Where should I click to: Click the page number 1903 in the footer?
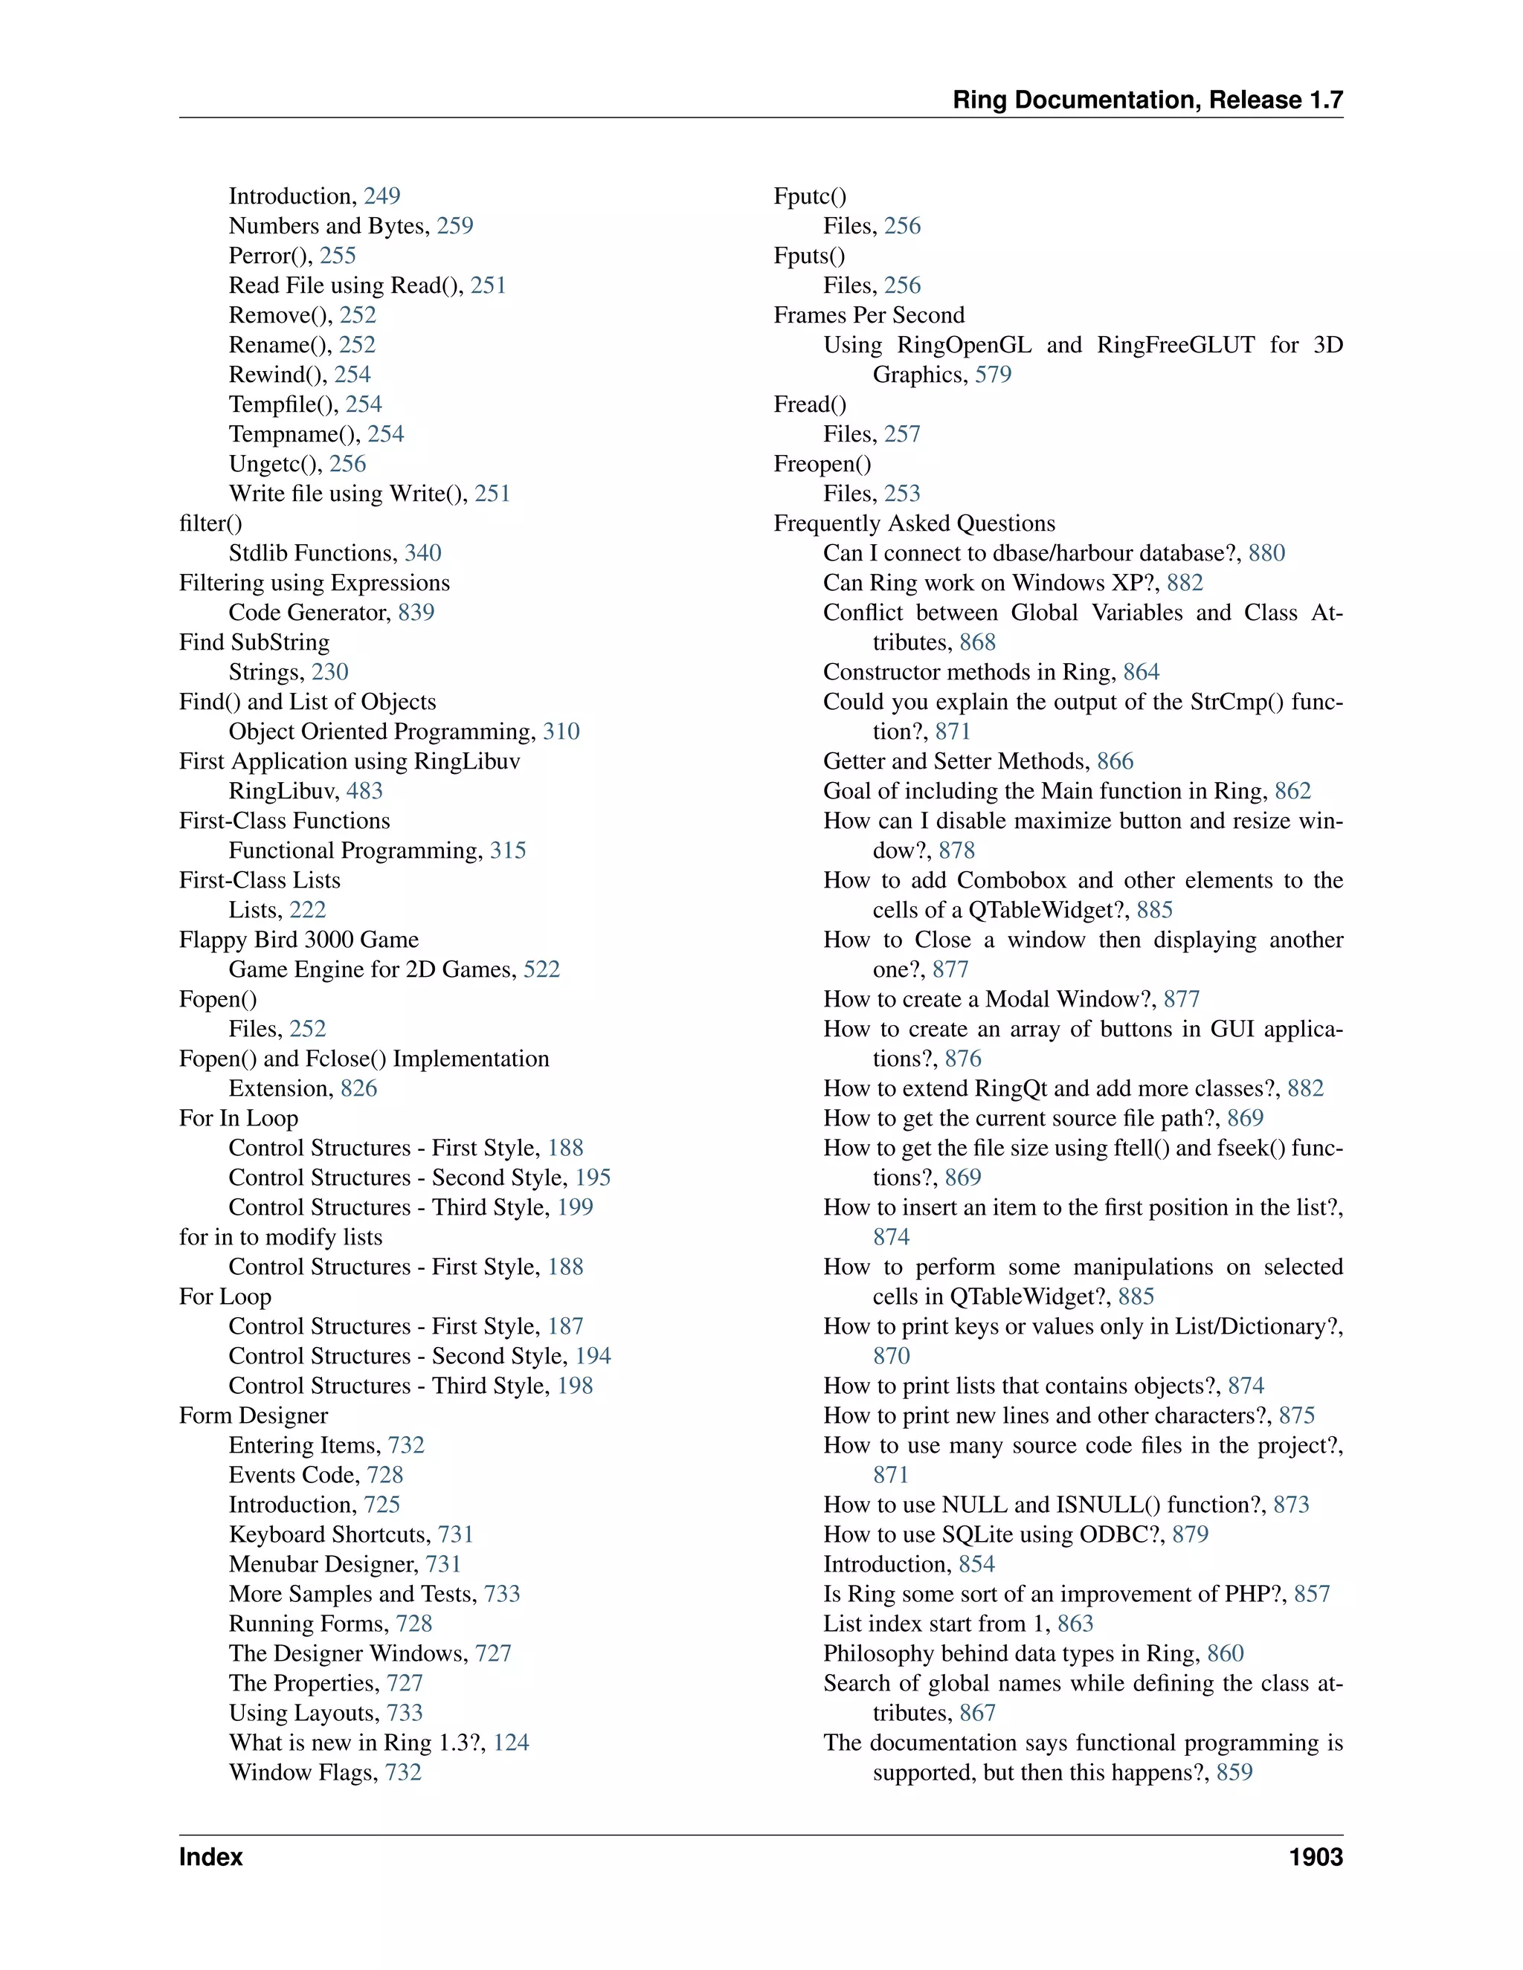[x=1316, y=1856]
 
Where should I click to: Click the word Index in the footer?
[x=211, y=1856]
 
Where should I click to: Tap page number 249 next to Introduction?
[x=381, y=196]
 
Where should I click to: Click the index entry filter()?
[x=210, y=523]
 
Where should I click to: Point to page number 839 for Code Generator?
[x=416, y=613]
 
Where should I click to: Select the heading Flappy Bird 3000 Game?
[x=299, y=939]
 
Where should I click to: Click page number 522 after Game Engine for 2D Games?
[x=541, y=969]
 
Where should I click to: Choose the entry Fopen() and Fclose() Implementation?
[x=364, y=1058]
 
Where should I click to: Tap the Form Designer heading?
[x=253, y=1415]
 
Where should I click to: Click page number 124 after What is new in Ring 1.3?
[x=511, y=1742]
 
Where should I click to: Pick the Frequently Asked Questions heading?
[x=914, y=523]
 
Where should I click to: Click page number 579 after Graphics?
[x=993, y=375]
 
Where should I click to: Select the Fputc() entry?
[x=809, y=196]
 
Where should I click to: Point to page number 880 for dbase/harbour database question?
[x=1266, y=553]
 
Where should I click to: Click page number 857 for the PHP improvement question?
[x=1312, y=1594]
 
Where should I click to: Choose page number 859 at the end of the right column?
[x=1234, y=1772]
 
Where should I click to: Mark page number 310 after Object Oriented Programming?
[x=561, y=732]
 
